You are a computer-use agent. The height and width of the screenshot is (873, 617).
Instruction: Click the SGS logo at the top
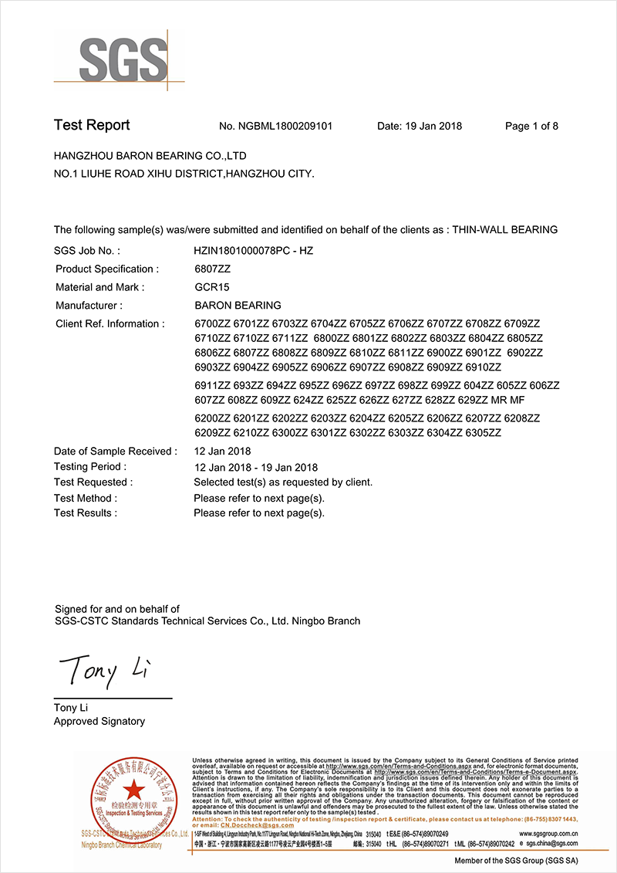(x=123, y=58)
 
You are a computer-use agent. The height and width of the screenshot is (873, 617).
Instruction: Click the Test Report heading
(x=92, y=126)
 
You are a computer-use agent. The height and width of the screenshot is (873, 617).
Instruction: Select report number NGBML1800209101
(x=286, y=127)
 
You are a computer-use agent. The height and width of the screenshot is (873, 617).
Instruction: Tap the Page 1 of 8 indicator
(x=531, y=127)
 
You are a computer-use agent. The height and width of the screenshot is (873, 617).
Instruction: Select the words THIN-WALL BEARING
(x=504, y=230)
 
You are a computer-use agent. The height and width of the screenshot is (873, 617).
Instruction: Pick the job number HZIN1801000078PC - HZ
(x=253, y=251)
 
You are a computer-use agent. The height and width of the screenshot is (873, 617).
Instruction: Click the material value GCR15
(x=212, y=287)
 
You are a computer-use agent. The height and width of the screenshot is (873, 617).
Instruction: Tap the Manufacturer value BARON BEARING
(x=238, y=306)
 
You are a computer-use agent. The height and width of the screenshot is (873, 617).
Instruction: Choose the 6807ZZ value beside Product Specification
(x=212, y=269)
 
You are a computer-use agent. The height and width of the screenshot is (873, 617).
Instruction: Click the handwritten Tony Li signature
(x=100, y=669)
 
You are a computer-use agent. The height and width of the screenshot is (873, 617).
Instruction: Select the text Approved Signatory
(x=99, y=722)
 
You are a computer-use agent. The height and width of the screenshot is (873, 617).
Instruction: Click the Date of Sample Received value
(x=222, y=452)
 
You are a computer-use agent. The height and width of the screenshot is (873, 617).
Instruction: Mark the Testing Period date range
(x=255, y=467)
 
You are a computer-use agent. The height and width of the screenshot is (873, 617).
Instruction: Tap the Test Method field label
(x=86, y=498)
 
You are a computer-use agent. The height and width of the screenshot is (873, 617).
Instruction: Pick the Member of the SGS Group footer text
(x=516, y=861)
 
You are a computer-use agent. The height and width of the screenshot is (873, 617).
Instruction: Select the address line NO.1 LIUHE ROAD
(x=184, y=174)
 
